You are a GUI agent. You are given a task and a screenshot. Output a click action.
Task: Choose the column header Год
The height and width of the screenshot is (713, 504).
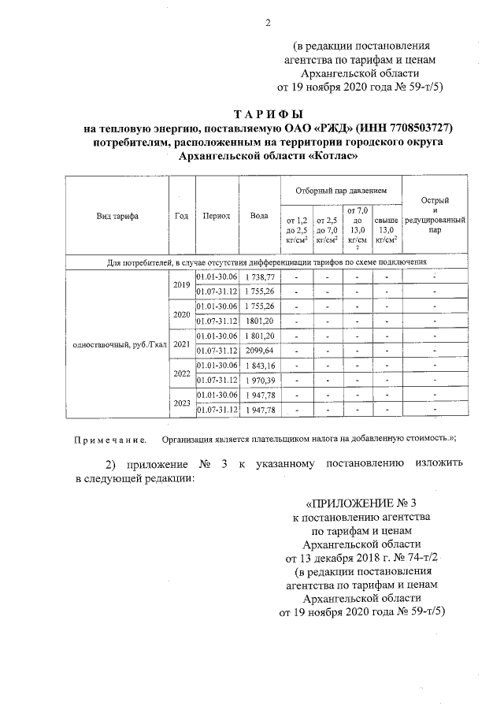[182, 216]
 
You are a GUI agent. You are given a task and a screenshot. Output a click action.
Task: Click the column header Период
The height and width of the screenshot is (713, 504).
[216, 216]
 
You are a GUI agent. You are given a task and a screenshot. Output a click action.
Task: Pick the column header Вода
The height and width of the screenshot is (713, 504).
[259, 216]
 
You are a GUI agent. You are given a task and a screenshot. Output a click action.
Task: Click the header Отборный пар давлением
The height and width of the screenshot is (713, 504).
[341, 191]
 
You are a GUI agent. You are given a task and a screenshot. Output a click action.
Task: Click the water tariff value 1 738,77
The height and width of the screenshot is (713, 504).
[259, 277]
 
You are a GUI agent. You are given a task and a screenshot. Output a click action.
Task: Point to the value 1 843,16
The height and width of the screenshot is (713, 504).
[259, 366]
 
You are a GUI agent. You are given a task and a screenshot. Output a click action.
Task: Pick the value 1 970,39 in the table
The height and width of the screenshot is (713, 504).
[259, 381]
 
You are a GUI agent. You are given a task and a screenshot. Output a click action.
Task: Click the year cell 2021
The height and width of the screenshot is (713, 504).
[182, 344]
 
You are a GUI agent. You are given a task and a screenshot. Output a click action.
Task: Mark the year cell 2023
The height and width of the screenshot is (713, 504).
[182, 402]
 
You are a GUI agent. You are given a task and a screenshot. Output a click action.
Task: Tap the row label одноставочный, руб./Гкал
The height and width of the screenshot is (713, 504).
[117, 344]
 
